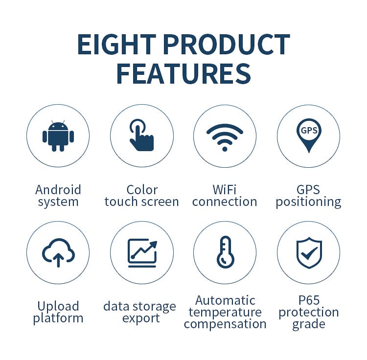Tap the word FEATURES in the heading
(x=183, y=74)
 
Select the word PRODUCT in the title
(x=227, y=44)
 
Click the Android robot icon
(x=58, y=136)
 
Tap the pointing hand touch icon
(x=141, y=135)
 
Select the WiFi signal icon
(x=225, y=137)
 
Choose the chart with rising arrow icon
(x=142, y=253)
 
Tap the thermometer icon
(x=226, y=252)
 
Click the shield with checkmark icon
(x=309, y=252)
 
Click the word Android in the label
(x=58, y=190)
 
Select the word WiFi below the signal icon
(x=225, y=189)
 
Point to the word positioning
(x=308, y=202)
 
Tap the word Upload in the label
(x=58, y=306)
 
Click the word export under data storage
(x=141, y=318)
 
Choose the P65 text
(x=309, y=300)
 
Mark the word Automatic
(x=225, y=300)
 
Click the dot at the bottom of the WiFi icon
(x=225, y=149)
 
